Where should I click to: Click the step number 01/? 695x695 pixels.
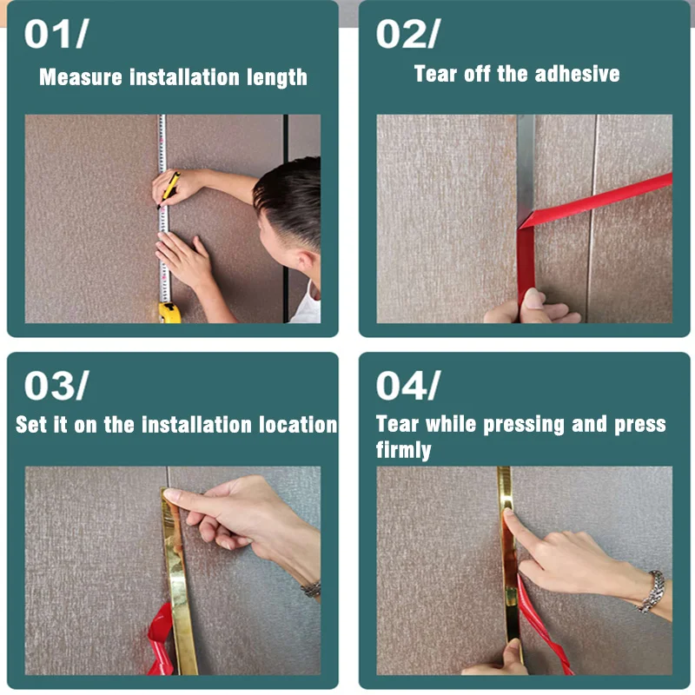(56, 34)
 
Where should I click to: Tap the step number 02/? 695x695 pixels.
(407, 34)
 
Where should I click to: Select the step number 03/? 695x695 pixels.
(56, 385)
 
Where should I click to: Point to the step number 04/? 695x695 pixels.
(407, 385)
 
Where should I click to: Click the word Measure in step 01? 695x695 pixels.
(80, 77)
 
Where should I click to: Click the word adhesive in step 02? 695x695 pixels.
(577, 74)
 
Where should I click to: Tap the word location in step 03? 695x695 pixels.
(298, 424)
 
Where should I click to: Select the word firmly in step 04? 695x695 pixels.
(403, 450)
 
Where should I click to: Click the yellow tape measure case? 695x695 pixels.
(169, 312)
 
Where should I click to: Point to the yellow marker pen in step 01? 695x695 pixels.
(169, 189)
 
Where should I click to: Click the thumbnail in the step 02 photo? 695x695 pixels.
(533, 299)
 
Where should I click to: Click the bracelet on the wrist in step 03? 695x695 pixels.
(311, 589)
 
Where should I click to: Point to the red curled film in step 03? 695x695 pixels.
(161, 639)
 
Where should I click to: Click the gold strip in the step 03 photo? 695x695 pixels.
(179, 580)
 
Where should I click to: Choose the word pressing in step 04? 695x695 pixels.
(524, 425)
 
